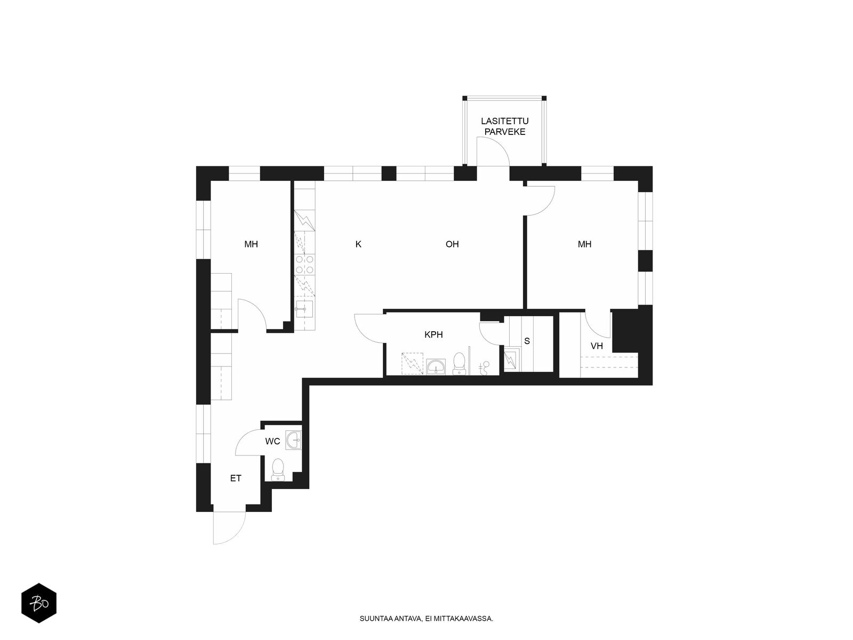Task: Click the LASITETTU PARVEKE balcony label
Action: click(x=505, y=126)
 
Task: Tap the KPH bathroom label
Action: click(x=433, y=334)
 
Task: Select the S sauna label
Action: click(x=527, y=341)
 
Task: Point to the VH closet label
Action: click(x=597, y=346)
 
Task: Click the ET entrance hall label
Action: click(x=236, y=478)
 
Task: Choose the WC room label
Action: click(x=272, y=442)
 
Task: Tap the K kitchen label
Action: click(x=358, y=244)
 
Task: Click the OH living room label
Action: click(x=452, y=244)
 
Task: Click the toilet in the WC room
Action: click(x=277, y=469)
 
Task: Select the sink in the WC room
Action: click(x=293, y=441)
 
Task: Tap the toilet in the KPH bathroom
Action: click(x=460, y=363)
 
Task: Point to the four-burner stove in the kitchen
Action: click(x=304, y=264)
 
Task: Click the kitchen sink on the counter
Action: click(x=304, y=309)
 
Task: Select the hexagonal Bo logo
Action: click(x=39, y=603)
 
